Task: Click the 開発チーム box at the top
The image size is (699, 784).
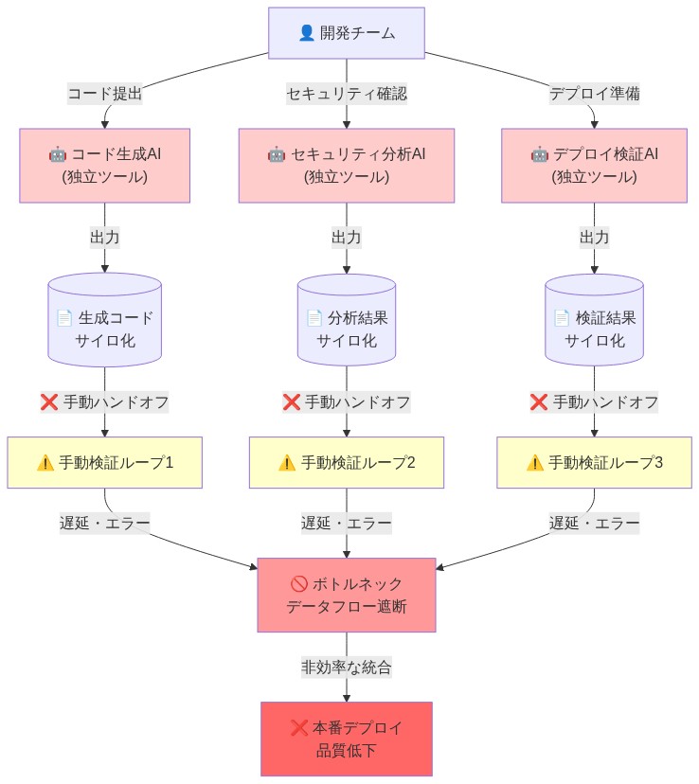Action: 346,33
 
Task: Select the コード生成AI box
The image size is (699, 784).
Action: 105,165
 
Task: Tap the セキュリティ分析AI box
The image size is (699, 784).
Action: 346,165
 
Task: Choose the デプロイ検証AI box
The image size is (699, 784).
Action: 594,165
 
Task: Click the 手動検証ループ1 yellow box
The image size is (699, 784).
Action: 105,462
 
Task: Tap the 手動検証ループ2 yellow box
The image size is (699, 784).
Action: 346,462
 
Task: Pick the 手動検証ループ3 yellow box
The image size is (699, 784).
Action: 594,462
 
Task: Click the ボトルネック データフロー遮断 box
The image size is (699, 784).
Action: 346,595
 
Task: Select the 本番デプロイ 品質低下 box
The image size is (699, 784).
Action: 346,739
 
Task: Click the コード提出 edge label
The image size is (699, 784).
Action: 105,94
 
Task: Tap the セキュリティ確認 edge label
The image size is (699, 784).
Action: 346,94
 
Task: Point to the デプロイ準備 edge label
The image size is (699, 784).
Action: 594,94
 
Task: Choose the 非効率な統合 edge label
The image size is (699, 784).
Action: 346,667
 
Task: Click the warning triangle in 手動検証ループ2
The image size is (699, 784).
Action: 287,463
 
